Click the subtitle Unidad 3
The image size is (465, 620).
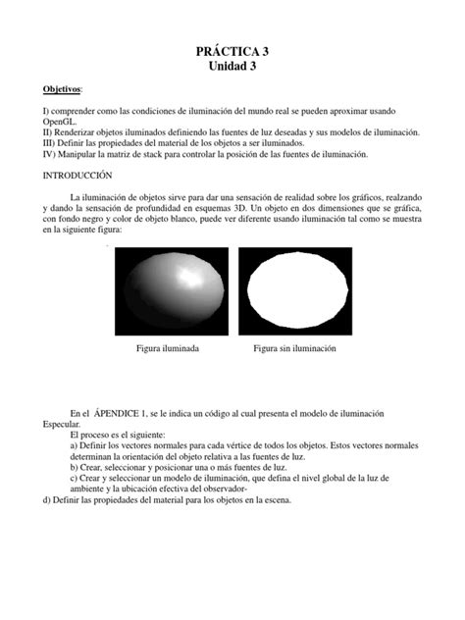click(x=232, y=67)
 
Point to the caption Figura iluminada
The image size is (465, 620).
click(x=169, y=349)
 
